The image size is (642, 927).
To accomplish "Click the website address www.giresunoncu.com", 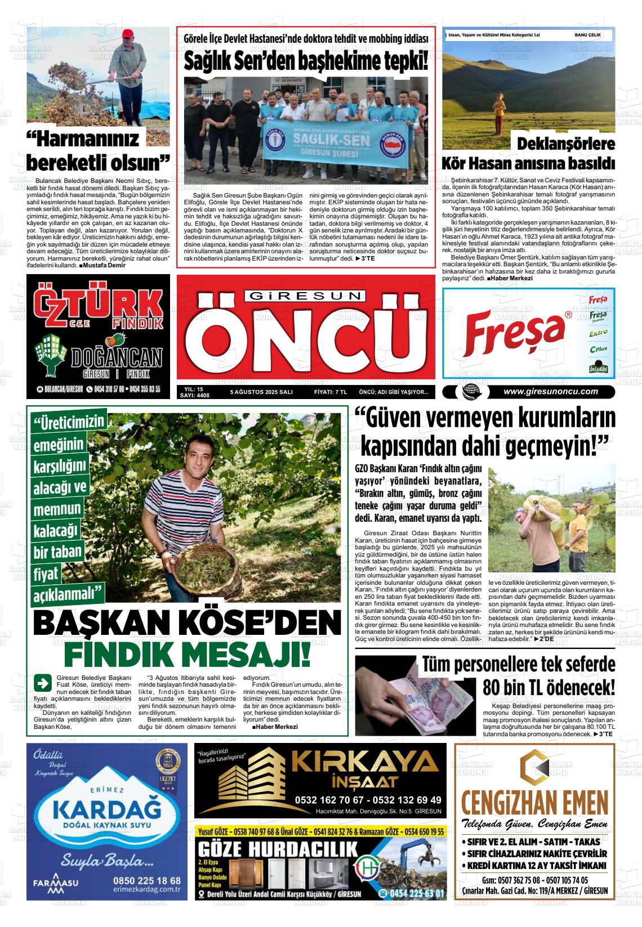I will [550, 392].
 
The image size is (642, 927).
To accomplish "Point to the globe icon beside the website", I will [469, 392].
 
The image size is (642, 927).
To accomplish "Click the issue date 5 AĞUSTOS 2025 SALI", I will [261, 392].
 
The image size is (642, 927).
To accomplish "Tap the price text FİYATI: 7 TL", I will [330, 392].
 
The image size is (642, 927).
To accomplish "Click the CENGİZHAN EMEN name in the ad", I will [534, 801].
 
